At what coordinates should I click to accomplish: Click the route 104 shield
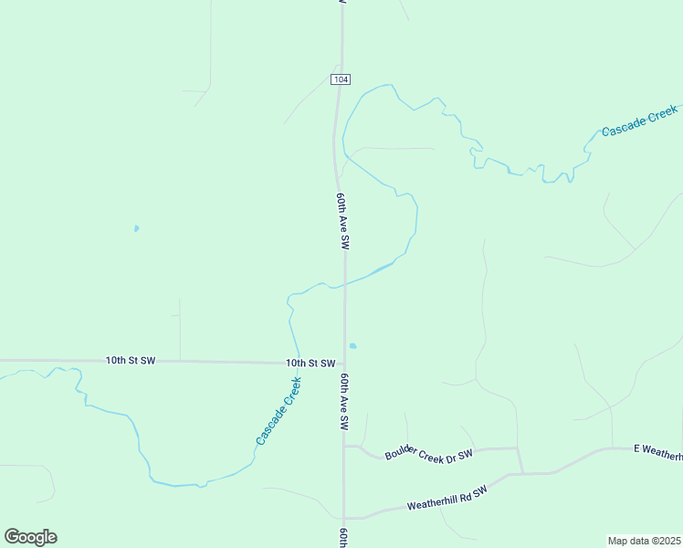tap(341, 79)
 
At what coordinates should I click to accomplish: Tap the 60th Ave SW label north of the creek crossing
tap(342, 222)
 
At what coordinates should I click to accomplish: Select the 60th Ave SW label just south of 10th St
tap(345, 402)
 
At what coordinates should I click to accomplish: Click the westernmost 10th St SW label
tap(131, 361)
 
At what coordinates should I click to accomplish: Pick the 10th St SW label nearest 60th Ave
tap(310, 363)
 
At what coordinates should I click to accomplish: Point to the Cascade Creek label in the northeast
tap(639, 121)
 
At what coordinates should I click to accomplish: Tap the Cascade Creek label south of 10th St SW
tap(279, 417)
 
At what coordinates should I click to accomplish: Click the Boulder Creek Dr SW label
tap(429, 453)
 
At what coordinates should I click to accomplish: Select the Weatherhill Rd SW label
tap(447, 498)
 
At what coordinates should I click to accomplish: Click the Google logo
tap(30, 537)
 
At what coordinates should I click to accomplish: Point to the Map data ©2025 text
tap(644, 540)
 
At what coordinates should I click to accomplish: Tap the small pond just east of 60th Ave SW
tap(352, 346)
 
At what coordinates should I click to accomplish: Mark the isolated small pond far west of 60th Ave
tap(136, 228)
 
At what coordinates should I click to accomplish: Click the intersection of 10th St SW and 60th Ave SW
tap(344, 364)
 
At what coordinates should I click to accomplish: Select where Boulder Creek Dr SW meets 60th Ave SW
tap(344, 447)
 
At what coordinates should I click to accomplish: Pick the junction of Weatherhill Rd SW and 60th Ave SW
tap(344, 518)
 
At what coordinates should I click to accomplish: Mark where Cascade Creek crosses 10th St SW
tap(298, 363)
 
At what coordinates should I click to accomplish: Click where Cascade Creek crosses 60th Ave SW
tap(343, 286)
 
